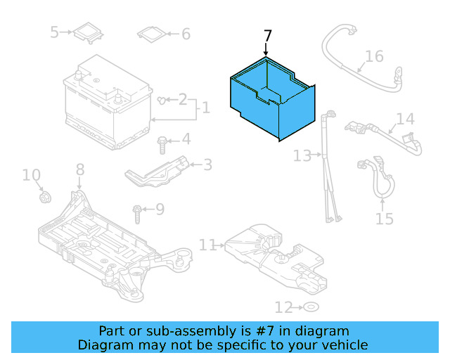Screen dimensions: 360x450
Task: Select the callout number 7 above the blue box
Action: (267, 37)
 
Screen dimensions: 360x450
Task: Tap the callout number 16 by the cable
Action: (374, 56)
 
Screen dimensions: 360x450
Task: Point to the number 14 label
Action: (406, 119)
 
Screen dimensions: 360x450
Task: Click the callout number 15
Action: (384, 219)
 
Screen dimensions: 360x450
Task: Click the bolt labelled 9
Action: (137, 210)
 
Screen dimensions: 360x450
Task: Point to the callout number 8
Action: (79, 169)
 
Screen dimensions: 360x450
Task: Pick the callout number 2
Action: (182, 100)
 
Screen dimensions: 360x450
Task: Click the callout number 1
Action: (205, 108)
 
